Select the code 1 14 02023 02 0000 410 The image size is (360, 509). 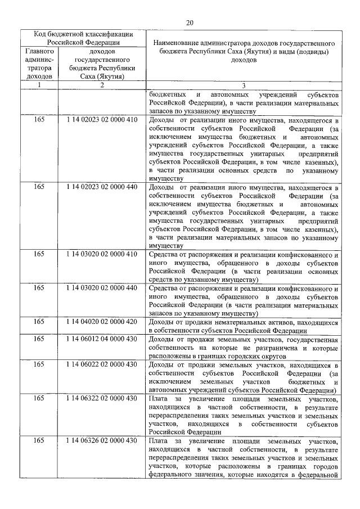(x=102, y=121)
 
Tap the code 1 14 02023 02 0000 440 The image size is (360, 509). (x=102, y=187)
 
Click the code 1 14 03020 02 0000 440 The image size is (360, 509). (x=102, y=288)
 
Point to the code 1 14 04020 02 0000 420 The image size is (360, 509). (x=102, y=322)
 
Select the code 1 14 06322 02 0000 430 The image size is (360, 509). (x=102, y=399)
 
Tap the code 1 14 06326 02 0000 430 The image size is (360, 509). (x=102, y=440)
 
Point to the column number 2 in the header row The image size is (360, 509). (x=102, y=85)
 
